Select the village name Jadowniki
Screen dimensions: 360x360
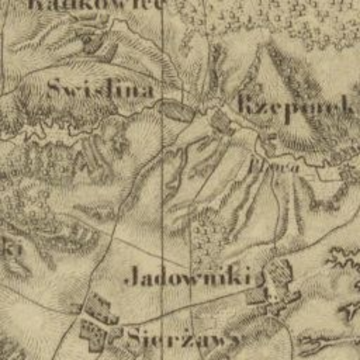click(x=188, y=278)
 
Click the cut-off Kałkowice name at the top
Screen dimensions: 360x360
click(x=96, y=3)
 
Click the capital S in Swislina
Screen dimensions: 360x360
click(x=55, y=88)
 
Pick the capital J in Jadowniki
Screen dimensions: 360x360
click(x=132, y=279)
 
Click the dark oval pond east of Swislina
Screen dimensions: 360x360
click(x=175, y=109)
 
